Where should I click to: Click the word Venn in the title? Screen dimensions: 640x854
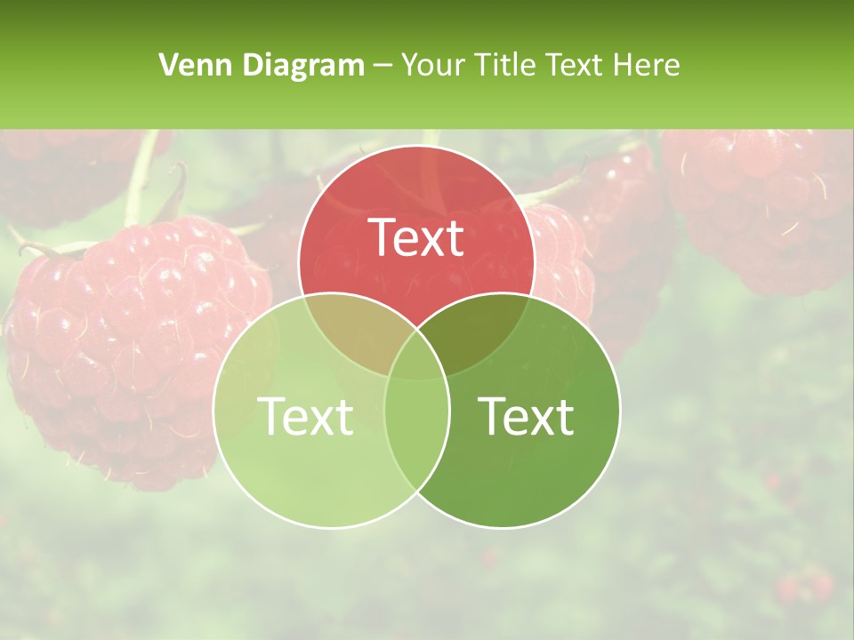point(188,65)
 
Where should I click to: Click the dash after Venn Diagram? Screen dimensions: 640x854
point(383,66)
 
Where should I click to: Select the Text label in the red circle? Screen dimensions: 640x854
point(416,238)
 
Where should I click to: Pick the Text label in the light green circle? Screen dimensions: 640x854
point(305,416)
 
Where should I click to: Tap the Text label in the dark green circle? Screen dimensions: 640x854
point(527,416)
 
